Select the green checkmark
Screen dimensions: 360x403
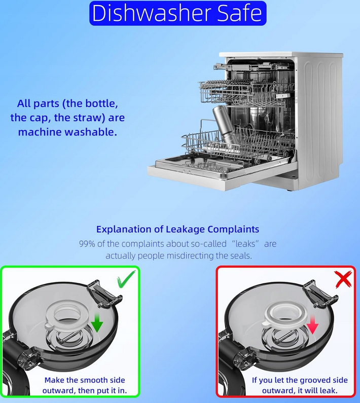click(x=126, y=279)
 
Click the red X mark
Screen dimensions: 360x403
click(x=344, y=279)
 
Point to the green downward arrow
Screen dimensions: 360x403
click(x=97, y=322)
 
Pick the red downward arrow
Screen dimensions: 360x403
click(x=312, y=325)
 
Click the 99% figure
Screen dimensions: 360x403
click(x=87, y=244)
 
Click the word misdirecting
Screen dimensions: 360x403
click(x=190, y=255)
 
